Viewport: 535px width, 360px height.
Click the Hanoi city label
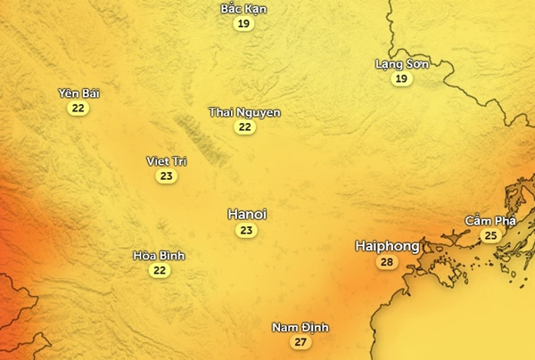click(x=247, y=215)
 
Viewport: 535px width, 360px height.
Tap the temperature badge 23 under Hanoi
click(x=247, y=231)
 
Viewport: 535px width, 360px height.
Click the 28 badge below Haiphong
click(x=386, y=262)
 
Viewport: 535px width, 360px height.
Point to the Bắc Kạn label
click(x=243, y=9)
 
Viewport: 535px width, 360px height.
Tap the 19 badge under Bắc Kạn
click(x=243, y=24)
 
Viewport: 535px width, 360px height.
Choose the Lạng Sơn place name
click(x=402, y=64)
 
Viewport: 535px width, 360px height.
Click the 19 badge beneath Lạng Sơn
click(x=402, y=79)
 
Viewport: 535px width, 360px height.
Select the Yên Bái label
click(x=78, y=94)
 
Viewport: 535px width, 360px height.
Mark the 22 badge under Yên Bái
click(x=78, y=109)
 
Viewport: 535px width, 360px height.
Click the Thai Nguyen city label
click(x=244, y=112)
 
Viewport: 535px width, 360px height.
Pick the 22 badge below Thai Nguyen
click(x=244, y=127)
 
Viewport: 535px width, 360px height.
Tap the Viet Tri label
click(x=166, y=161)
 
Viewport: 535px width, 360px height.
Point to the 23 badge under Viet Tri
click(x=166, y=176)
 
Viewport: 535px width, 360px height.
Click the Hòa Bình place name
click(x=159, y=256)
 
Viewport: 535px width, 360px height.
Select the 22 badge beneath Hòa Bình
click(x=159, y=271)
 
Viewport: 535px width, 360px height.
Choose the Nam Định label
click(x=300, y=328)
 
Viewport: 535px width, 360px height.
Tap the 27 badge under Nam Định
click(x=300, y=343)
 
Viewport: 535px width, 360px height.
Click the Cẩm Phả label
click(x=490, y=220)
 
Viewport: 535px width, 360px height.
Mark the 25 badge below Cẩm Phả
click(x=490, y=235)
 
